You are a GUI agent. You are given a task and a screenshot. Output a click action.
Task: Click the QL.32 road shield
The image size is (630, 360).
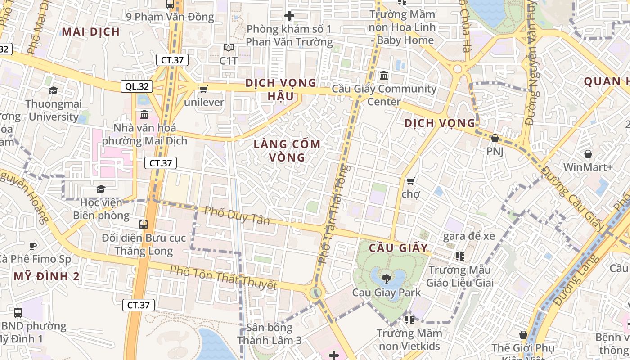point(137,86)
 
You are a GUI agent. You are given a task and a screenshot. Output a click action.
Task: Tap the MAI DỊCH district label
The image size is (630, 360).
point(91,31)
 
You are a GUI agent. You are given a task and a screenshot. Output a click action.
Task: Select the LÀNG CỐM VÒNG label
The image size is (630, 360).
point(287,150)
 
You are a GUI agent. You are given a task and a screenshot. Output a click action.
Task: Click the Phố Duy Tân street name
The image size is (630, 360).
point(237,215)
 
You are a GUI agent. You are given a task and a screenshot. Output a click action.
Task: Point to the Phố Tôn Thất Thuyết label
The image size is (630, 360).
point(223,277)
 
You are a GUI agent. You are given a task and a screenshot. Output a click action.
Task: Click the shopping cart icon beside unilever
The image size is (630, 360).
point(203,89)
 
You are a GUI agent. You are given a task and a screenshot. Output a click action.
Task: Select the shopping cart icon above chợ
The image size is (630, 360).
point(410,181)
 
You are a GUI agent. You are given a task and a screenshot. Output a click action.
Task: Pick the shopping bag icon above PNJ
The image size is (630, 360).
point(495,138)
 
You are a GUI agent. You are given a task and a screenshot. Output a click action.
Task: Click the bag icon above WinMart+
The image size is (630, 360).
point(588,154)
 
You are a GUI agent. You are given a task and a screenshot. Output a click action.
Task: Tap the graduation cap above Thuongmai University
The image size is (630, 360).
point(54,90)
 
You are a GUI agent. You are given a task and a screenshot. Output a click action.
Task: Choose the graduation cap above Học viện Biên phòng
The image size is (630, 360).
point(101,189)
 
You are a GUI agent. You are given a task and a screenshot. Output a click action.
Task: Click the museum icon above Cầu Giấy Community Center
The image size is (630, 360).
point(384,75)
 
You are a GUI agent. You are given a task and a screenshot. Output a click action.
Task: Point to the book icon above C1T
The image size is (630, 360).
point(229,47)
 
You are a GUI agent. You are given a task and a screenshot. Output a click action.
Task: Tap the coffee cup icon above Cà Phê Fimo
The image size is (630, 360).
point(32,246)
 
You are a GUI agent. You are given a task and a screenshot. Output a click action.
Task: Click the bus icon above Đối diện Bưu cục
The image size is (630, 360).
point(144,224)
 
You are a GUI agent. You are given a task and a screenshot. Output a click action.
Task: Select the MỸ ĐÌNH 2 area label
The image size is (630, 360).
point(47,276)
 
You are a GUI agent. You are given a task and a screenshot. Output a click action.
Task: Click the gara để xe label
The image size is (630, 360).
point(469,236)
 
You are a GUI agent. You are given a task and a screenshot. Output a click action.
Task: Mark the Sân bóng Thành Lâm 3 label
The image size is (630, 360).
point(269,334)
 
